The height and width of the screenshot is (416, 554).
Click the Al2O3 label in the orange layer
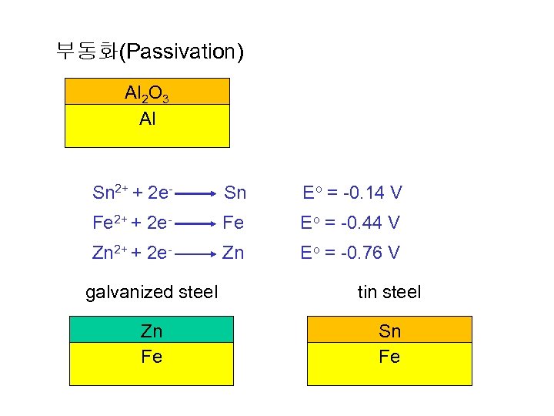point(147,94)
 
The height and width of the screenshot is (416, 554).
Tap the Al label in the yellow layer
point(147,119)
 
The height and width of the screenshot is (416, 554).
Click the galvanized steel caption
point(152,292)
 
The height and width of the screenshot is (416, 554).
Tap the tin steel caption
point(389,292)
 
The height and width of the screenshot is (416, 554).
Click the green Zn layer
point(152,330)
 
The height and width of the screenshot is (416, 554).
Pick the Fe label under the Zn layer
point(152,357)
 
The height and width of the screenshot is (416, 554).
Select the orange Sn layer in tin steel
point(389,330)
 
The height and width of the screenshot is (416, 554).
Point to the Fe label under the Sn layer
point(389,357)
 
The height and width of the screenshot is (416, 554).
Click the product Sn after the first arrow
point(235,192)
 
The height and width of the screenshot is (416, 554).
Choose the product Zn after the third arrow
point(234,253)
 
